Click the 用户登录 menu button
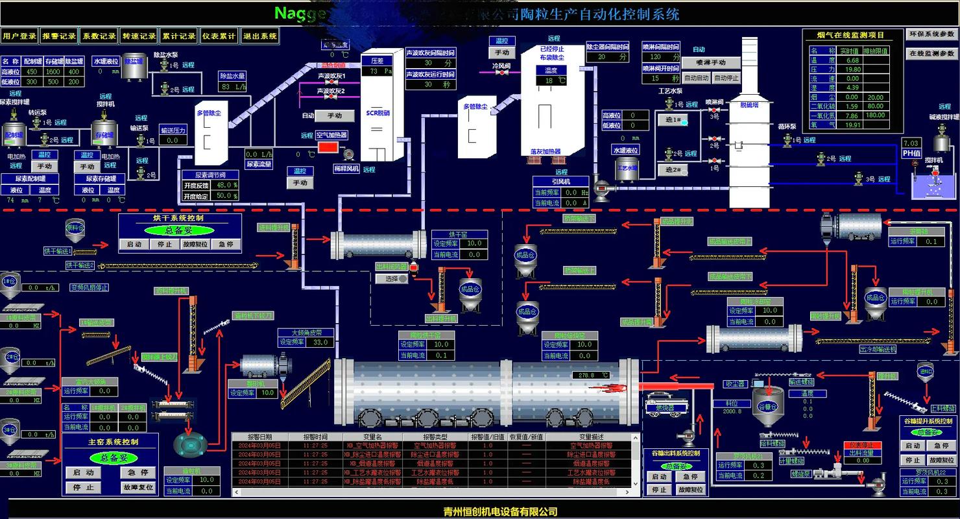coord(19,36)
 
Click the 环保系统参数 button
coord(931,34)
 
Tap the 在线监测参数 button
coord(931,53)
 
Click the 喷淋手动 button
coord(710,63)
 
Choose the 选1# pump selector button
coord(671,120)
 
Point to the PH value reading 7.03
coord(911,143)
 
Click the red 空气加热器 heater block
coord(328,147)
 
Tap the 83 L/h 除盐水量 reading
coord(233,86)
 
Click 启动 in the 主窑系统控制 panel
coord(84,473)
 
